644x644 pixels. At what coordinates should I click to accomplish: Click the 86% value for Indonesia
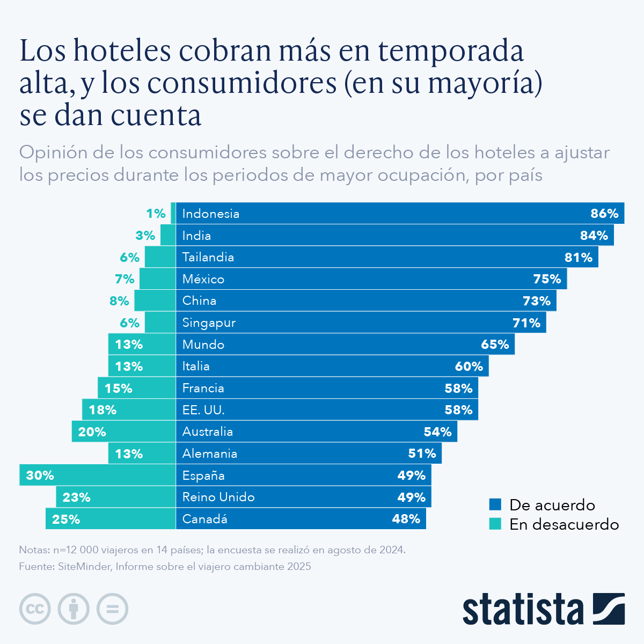pos(604,214)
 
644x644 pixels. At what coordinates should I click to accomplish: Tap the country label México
pos(203,279)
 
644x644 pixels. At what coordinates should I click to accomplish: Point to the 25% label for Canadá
pos(66,519)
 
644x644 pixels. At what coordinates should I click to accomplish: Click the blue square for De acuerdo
pos(495,505)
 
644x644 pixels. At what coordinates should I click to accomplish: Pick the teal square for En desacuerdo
pos(495,524)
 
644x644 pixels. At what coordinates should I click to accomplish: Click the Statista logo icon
pos(609,609)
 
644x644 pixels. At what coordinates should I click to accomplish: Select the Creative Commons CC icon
pos(35,609)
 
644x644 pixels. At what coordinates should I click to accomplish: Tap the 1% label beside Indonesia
pos(156,214)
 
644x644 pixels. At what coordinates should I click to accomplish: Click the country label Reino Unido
pos(218,497)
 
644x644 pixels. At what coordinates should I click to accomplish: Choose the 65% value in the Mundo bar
pos(495,345)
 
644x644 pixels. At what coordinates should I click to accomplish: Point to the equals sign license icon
pos(112,609)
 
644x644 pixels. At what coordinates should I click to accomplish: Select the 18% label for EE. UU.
pos(103,410)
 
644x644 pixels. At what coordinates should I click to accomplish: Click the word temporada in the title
pos(450,50)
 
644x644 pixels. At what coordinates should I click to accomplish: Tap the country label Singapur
pos(209,323)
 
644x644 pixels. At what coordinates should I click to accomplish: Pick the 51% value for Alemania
pos(422,453)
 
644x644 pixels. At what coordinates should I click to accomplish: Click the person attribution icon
pos(74,609)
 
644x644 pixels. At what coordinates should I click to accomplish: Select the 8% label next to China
pos(119,301)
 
